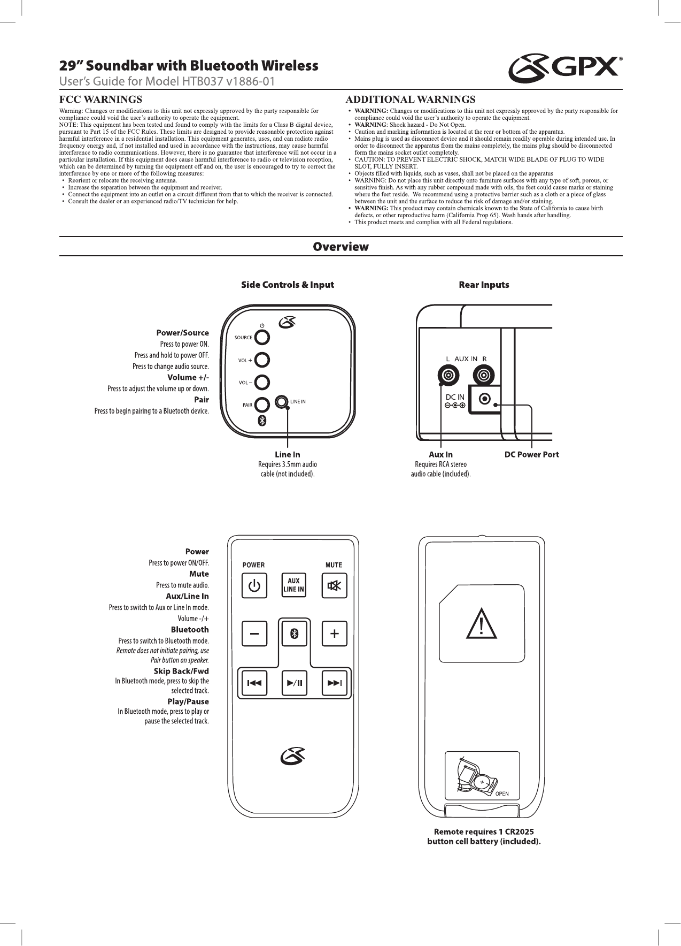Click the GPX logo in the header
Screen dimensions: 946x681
coord(564,68)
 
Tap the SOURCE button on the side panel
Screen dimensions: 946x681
coord(262,337)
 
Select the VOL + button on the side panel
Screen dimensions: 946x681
coord(262,360)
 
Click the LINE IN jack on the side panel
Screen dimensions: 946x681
coord(281,401)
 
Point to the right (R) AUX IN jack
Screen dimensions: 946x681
coord(484,374)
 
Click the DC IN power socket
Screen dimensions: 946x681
coord(485,399)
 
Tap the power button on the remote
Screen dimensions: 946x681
coord(255,585)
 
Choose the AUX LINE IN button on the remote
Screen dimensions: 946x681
coord(293,585)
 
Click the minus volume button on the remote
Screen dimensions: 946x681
coord(255,634)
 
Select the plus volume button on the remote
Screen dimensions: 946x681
coord(334,634)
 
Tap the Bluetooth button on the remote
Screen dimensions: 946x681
coord(293,634)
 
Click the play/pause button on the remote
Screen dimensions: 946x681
coord(293,682)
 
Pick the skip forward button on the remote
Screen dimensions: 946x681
coord(334,682)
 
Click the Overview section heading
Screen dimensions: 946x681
coord(340,247)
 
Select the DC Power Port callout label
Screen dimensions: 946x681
coord(532,454)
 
